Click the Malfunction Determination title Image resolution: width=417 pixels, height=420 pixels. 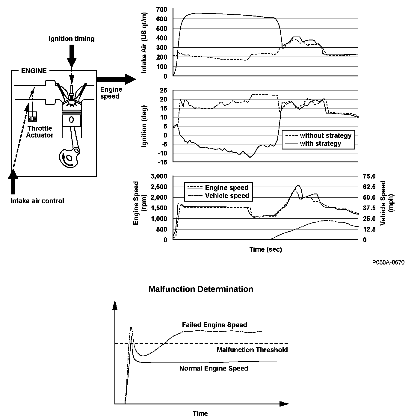(201, 289)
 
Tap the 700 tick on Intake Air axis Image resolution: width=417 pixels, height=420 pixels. (162, 9)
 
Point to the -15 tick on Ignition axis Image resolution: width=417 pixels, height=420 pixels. (162, 162)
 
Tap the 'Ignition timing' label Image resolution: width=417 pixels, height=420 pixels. (72, 39)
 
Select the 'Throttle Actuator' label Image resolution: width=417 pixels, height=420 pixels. (40, 132)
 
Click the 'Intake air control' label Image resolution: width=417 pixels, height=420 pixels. (37, 201)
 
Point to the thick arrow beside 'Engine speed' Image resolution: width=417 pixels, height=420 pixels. (116, 79)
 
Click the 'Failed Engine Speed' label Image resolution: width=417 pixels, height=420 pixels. (214, 325)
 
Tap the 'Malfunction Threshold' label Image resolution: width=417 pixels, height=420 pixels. (252, 350)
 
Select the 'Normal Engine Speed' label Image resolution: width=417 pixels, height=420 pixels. (214, 368)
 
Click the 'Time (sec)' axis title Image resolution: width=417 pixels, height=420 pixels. (265, 249)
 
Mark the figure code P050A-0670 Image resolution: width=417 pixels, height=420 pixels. (388, 263)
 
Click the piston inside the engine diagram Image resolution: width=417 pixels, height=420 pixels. (71, 119)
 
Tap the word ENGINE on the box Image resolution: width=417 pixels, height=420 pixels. (34, 71)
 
